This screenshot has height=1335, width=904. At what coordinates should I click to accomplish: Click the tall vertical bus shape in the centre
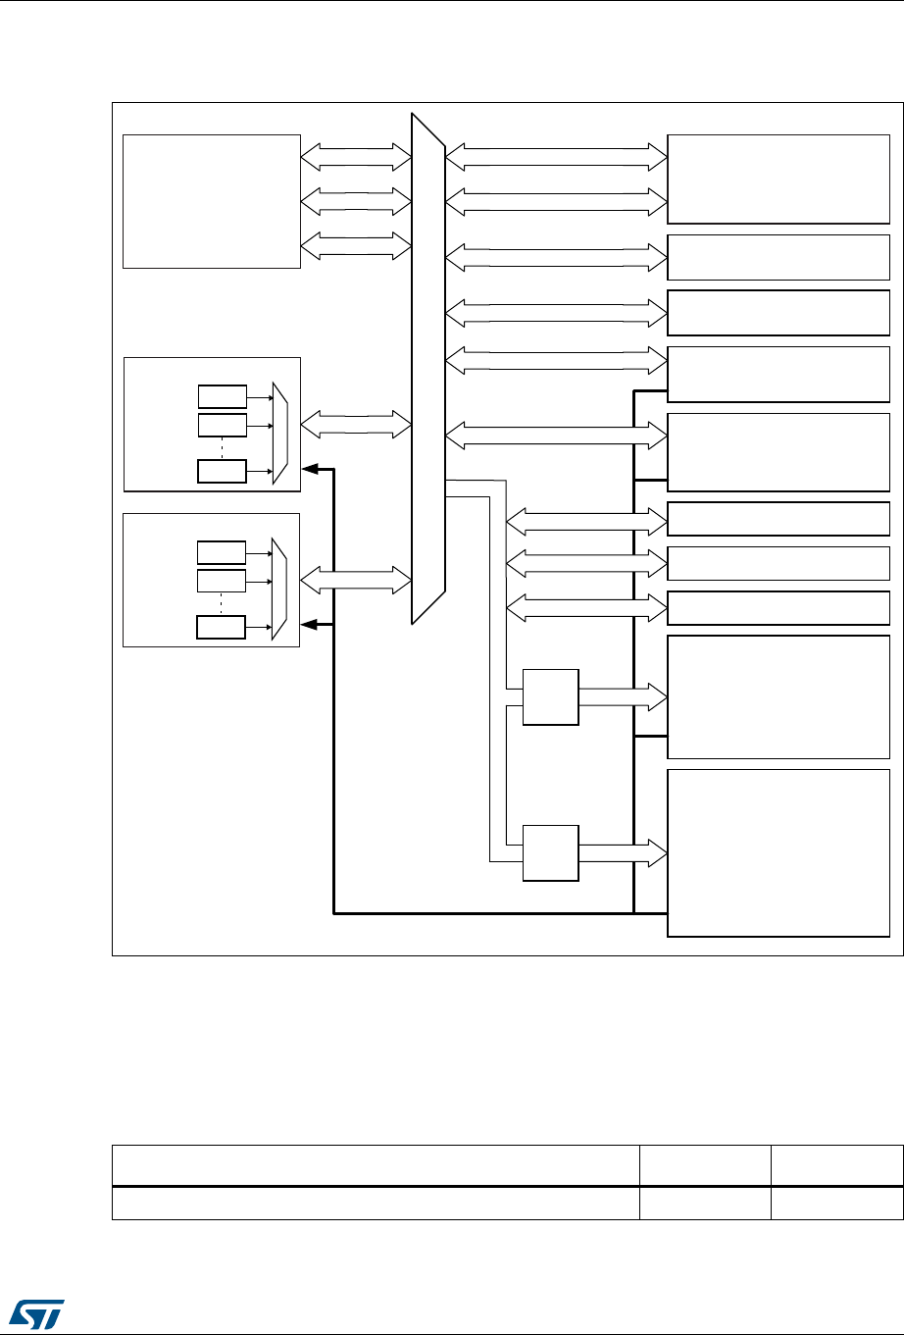click(x=428, y=368)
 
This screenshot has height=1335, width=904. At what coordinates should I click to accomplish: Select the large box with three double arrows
click(x=211, y=201)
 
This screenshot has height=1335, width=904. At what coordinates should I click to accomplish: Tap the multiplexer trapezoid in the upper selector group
click(x=280, y=433)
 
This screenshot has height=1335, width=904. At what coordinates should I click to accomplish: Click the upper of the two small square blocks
click(x=550, y=697)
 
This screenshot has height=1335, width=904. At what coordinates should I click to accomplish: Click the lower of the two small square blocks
click(x=550, y=853)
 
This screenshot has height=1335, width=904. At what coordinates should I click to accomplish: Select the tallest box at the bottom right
click(x=778, y=852)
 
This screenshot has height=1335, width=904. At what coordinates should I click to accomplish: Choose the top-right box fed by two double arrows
click(x=778, y=180)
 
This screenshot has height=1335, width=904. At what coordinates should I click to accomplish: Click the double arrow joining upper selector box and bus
click(x=356, y=425)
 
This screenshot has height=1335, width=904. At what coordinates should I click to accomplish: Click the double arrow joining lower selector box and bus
click(x=356, y=580)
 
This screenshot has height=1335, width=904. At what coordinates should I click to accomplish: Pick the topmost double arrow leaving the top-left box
click(x=356, y=154)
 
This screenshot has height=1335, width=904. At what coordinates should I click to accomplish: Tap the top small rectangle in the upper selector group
click(x=223, y=397)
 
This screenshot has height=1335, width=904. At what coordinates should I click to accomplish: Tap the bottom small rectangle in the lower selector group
click(x=223, y=627)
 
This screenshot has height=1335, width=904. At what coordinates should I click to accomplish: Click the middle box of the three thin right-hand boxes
click(x=778, y=563)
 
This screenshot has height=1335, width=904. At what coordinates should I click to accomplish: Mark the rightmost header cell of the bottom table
click(x=836, y=1165)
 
